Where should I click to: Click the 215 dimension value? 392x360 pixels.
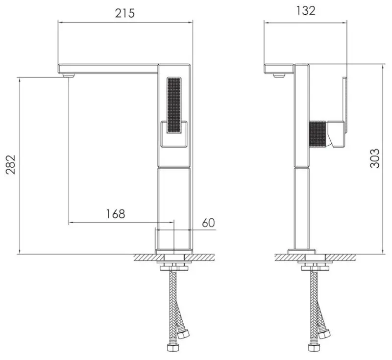click(x=124, y=13)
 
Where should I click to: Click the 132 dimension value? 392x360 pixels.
click(x=306, y=11)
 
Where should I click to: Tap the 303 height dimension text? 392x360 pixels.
click(x=374, y=158)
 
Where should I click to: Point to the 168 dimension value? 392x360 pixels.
click(x=116, y=214)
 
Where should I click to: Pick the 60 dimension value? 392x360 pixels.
click(x=208, y=223)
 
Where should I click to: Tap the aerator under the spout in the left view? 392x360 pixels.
click(x=69, y=76)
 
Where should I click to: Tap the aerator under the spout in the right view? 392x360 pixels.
click(x=279, y=75)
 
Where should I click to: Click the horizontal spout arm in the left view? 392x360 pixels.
click(x=108, y=69)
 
